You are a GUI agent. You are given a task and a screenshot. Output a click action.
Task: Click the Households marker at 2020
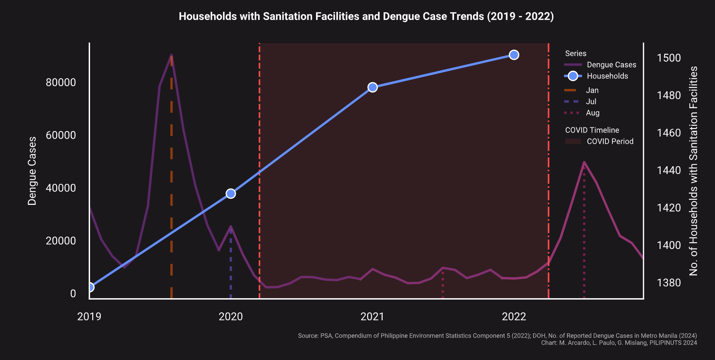click(x=231, y=193)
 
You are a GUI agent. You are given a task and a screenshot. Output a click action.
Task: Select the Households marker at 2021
click(x=373, y=87)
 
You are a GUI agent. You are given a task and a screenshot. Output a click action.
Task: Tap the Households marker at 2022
click(x=514, y=55)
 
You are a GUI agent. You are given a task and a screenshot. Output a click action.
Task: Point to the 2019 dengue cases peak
click(x=172, y=55)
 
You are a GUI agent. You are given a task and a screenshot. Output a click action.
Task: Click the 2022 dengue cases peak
click(x=584, y=162)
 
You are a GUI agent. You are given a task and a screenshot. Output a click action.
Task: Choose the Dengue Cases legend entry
click(x=611, y=65)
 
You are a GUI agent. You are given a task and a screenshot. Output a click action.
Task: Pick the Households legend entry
click(x=607, y=76)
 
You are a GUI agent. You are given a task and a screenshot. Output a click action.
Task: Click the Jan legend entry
click(x=592, y=90)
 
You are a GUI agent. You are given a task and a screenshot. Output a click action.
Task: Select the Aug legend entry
click(x=592, y=113)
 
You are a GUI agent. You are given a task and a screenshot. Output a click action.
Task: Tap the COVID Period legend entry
click(x=610, y=141)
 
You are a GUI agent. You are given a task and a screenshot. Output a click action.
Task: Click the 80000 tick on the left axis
click(x=61, y=82)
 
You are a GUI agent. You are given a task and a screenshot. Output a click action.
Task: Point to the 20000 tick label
click(x=61, y=241)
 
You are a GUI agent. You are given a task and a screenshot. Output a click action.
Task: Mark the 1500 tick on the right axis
click(x=669, y=58)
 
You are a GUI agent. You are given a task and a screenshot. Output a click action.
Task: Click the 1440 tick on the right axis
click(x=669, y=170)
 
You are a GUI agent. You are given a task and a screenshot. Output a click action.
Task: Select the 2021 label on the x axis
click(x=372, y=316)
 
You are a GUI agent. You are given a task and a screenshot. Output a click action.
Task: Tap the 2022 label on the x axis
click(x=514, y=316)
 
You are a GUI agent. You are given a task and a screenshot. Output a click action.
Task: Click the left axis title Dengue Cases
click(x=32, y=171)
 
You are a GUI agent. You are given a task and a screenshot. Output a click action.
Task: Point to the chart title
click(x=366, y=16)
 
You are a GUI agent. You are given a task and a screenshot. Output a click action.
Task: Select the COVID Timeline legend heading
click(x=592, y=130)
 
